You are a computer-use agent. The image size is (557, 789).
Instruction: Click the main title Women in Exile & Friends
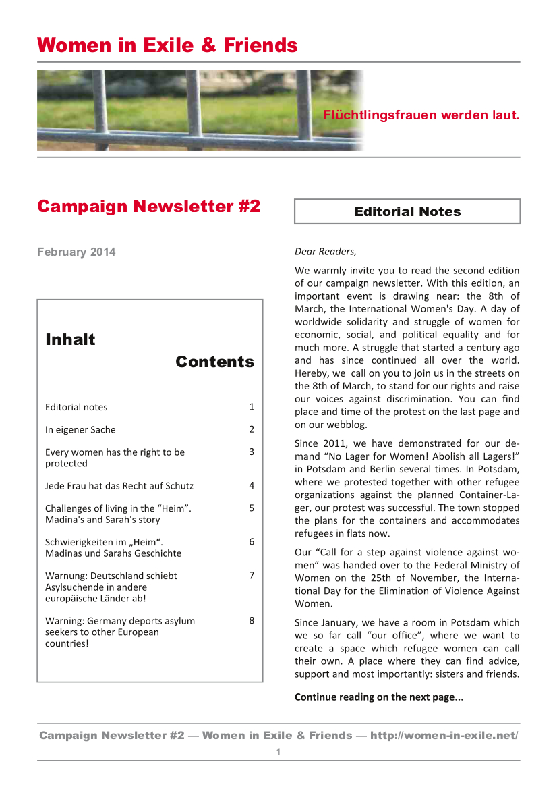pyautogui.click(x=167, y=45)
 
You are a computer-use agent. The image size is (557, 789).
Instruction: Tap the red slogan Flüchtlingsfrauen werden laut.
pyautogui.click(x=421, y=115)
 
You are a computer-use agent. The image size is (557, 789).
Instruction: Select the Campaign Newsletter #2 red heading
pyautogui.click(x=148, y=206)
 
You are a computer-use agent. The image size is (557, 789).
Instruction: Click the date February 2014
pyautogui.click(x=76, y=252)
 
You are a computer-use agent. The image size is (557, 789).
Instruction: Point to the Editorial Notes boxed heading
pyautogui.click(x=407, y=211)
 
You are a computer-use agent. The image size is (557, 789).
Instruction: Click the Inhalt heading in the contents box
pyautogui.click(x=70, y=339)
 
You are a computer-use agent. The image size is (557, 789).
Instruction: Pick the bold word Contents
pyautogui.click(x=214, y=362)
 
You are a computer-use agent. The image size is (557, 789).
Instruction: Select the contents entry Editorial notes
pyautogui.click(x=76, y=407)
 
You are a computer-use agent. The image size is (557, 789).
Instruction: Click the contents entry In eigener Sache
pyautogui.click(x=80, y=429)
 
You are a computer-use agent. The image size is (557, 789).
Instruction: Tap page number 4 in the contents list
pyautogui.click(x=252, y=485)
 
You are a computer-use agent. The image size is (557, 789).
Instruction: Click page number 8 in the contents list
pyautogui.click(x=252, y=620)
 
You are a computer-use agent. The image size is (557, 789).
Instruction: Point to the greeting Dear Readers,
pyautogui.click(x=325, y=252)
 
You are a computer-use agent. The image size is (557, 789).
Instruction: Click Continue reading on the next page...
pyautogui.click(x=379, y=697)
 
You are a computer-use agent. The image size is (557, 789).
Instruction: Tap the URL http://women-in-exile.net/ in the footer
pyautogui.click(x=444, y=735)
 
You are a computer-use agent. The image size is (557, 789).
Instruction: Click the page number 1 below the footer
pyautogui.click(x=278, y=752)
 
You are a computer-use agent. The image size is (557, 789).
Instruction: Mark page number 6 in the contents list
pyautogui.click(x=252, y=541)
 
